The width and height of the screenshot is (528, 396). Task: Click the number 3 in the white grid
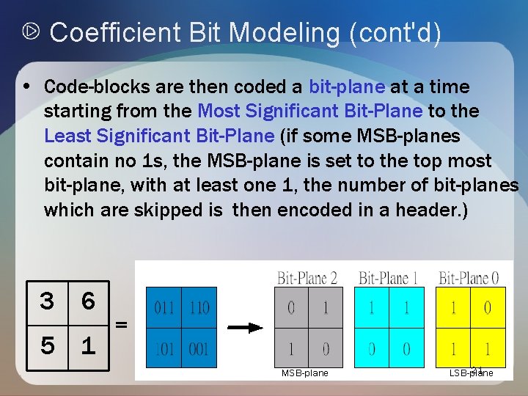tap(48, 301)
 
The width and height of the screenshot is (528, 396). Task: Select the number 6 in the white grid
tap(88, 301)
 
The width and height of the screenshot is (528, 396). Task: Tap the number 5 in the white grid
tap(48, 345)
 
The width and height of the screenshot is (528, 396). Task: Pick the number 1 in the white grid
tap(88, 345)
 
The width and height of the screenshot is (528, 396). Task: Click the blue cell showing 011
tap(164, 307)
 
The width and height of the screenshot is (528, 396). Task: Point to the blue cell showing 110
tap(199, 307)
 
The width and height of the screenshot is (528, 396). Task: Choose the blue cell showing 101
tap(164, 349)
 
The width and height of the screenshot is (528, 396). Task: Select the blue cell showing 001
tap(199, 349)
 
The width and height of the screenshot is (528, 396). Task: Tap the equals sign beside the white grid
tap(121, 323)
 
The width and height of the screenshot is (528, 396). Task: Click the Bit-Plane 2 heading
tap(307, 278)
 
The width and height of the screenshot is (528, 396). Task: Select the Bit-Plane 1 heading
tap(388, 278)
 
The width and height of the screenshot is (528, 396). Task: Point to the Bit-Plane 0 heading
tap(469, 278)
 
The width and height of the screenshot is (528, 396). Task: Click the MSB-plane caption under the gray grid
tap(305, 373)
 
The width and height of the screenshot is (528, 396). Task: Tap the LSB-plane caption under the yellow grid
tap(472, 373)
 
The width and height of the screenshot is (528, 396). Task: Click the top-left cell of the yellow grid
tap(452, 307)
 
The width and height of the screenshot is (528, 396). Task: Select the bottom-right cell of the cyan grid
tap(406, 350)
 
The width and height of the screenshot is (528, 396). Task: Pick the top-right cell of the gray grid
tap(326, 307)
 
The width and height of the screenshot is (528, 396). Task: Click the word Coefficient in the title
tap(116, 32)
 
